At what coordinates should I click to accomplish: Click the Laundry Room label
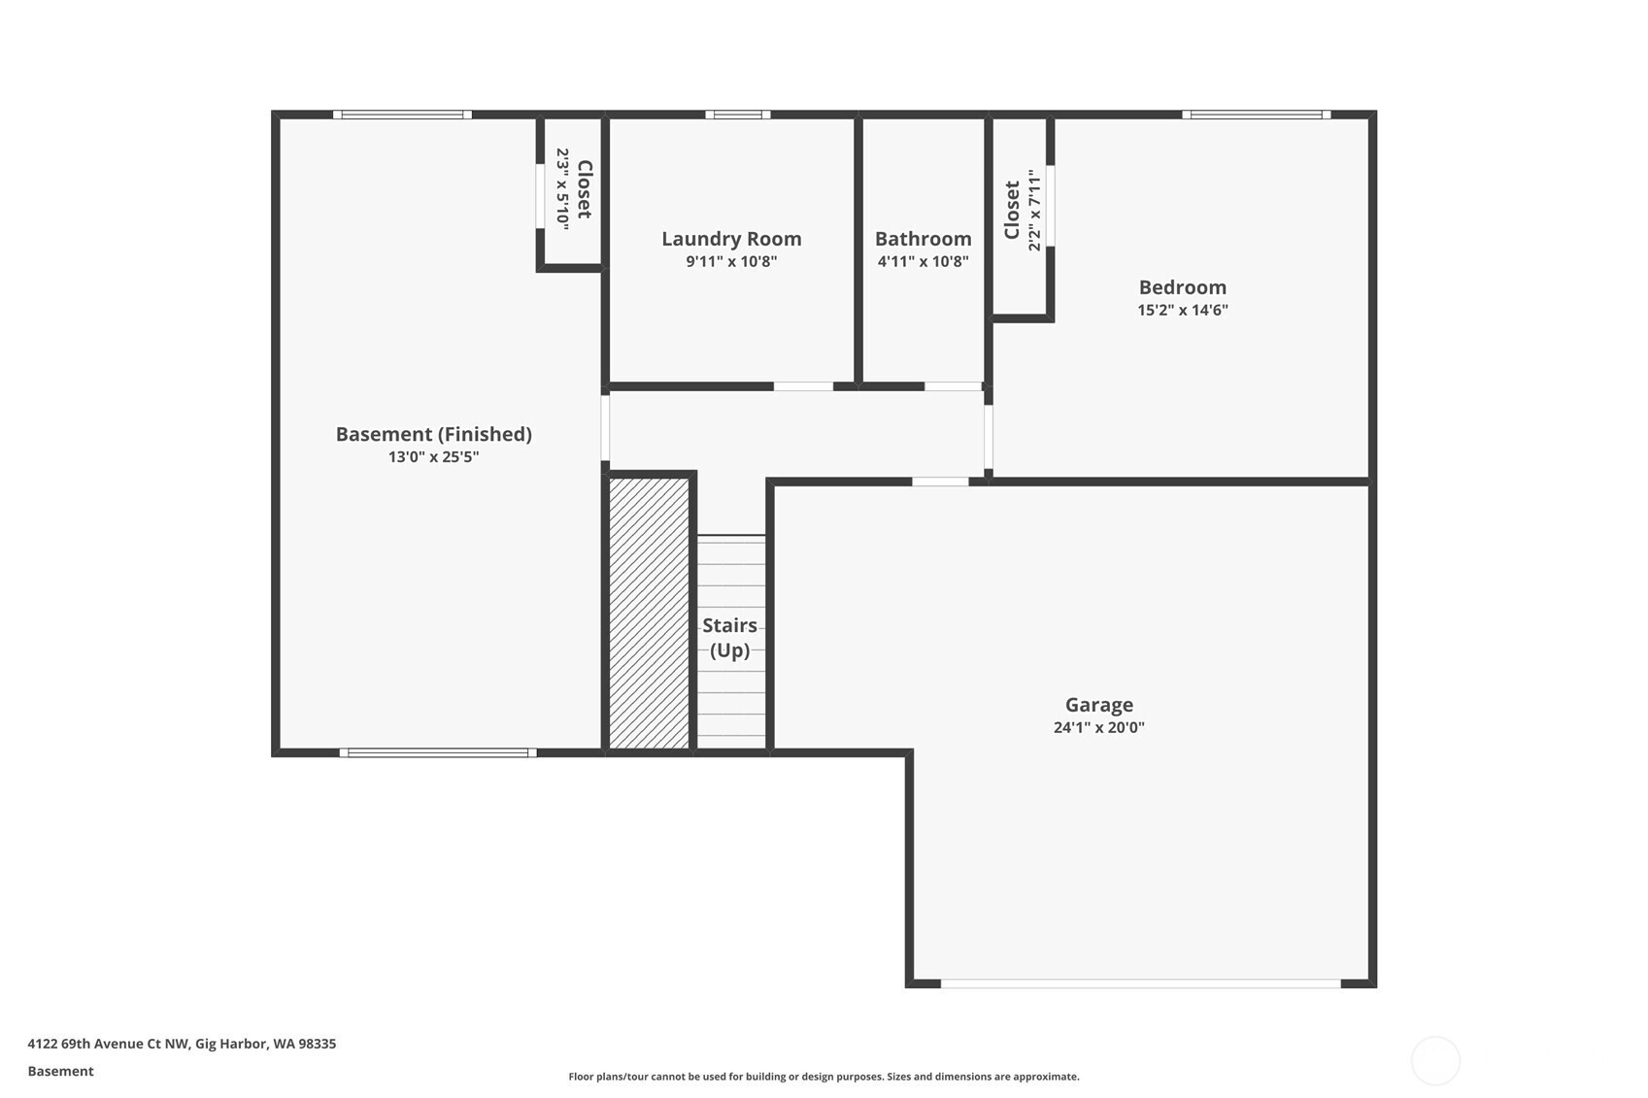(x=731, y=239)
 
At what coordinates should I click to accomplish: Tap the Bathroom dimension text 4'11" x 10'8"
(x=923, y=261)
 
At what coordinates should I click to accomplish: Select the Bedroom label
(x=1182, y=286)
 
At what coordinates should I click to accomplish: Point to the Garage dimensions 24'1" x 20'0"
(x=1098, y=727)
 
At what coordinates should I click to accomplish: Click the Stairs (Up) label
(x=730, y=638)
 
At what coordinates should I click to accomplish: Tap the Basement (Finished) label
(x=433, y=434)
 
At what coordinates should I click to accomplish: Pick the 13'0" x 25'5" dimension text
(x=433, y=456)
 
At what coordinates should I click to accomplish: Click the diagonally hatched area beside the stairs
(x=649, y=614)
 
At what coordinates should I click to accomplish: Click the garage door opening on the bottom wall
(x=1140, y=983)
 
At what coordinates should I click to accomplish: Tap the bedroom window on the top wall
(x=1257, y=115)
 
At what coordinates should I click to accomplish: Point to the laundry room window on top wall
(x=738, y=115)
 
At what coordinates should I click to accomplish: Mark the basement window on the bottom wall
(x=438, y=752)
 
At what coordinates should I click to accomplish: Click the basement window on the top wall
(x=402, y=115)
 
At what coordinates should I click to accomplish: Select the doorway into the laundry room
(x=803, y=386)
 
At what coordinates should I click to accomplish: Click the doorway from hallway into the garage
(x=940, y=482)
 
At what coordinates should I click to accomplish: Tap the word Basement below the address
(x=61, y=1071)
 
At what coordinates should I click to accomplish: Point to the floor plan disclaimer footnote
(x=824, y=1077)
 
